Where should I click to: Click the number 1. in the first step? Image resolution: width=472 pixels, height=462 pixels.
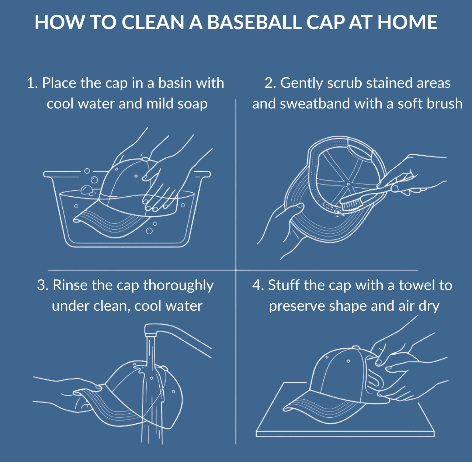32,83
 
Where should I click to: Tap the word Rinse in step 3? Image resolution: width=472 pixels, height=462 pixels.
70,285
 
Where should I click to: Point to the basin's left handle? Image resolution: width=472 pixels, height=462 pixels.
52,174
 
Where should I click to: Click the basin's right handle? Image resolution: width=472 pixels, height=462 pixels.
202,173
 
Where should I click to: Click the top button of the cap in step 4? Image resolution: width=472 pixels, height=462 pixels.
355,347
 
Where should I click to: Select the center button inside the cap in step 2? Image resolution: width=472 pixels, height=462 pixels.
348,183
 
